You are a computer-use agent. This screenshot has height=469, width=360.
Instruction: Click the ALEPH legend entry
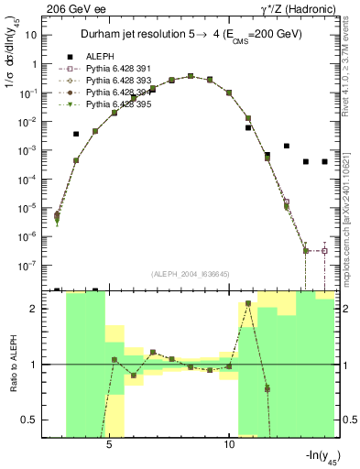coord(99,57)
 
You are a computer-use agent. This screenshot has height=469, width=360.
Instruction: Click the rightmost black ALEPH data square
coord(324,161)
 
